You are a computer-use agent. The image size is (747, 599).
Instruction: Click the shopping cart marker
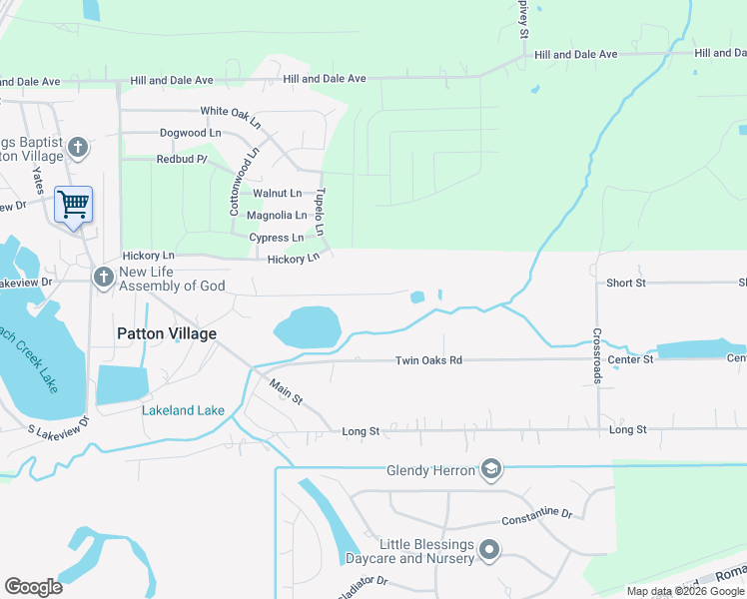(x=73, y=205)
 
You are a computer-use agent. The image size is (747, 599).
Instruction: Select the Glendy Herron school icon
(x=490, y=469)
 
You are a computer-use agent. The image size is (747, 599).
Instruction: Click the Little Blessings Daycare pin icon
(x=489, y=549)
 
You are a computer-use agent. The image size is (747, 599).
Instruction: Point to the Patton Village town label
(x=166, y=333)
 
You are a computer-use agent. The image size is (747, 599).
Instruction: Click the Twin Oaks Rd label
(x=428, y=360)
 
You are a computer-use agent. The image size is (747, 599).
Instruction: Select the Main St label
(x=286, y=390)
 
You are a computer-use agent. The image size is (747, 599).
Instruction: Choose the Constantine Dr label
(x=536, y=517)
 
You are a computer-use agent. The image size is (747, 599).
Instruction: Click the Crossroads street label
(x=597, y=355)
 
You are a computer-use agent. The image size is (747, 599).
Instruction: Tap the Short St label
(x=626, y=284)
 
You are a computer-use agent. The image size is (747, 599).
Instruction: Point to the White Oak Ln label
(x=230, y=111)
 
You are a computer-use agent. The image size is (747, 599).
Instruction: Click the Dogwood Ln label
(x=190, y=133)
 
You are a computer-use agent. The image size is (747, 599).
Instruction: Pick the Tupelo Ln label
(x=321, y=212)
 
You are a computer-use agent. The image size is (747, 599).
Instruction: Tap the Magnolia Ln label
(x=277, y=216)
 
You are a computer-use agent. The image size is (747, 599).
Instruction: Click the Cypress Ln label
(x=277, y=238)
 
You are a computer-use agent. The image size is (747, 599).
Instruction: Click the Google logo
(x=33, y=586)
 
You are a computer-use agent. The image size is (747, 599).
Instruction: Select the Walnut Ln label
(x=277, y=193)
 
